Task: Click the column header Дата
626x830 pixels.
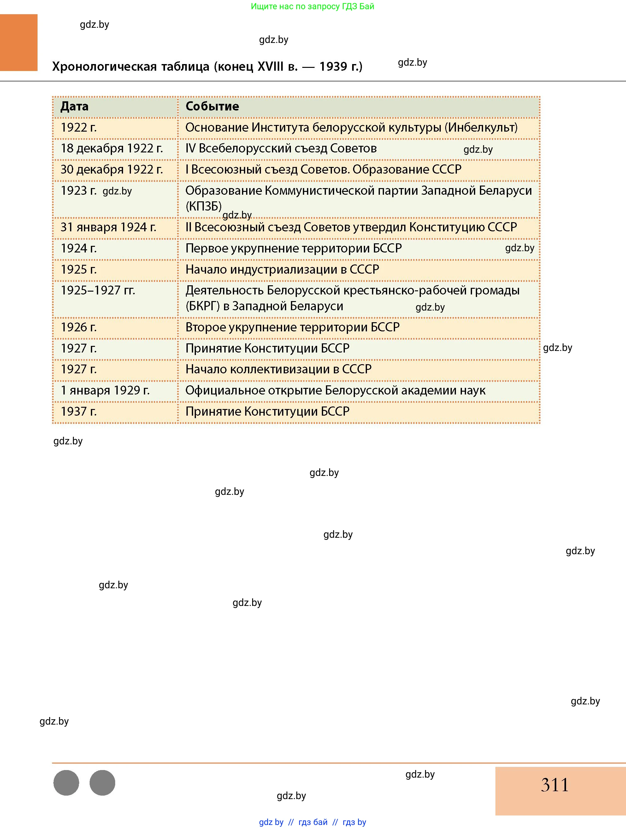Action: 75,107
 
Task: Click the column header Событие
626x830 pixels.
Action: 212,107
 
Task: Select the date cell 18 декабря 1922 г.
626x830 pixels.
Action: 112,149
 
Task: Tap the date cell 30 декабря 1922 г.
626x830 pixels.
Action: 112,169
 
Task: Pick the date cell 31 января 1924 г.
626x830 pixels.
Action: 109,228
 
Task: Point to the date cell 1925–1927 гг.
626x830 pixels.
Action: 98,290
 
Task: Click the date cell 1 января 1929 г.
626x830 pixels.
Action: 105,391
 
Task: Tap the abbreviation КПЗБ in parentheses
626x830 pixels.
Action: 204,206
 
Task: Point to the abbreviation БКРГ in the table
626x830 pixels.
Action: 203,306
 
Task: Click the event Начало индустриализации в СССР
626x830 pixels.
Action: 282,270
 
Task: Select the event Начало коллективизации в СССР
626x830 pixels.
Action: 278,369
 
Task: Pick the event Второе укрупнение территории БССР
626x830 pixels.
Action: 292,327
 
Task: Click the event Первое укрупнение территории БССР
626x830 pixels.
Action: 293,248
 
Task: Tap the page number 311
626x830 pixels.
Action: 554,785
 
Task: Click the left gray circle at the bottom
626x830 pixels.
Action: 66,783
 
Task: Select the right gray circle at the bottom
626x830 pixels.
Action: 103,783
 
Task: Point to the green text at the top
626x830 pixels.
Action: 312,6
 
